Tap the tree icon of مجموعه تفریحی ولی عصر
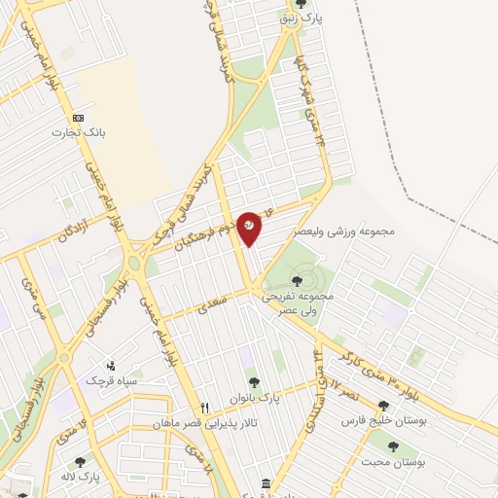click(x=297, y=281)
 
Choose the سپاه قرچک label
click(x=115, y=380)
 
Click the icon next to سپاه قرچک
click(x=112, y=366)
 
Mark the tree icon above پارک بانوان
click(x=254, y=383)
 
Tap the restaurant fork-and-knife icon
click(x=204, y=408)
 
